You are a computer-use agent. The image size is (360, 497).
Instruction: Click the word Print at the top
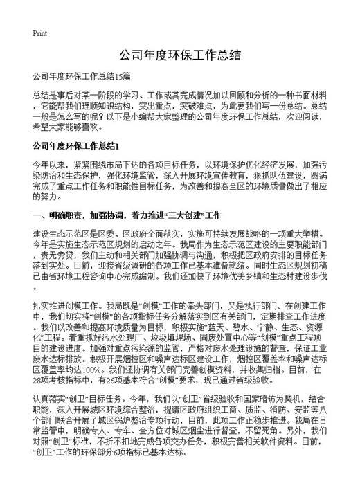pos(40,33)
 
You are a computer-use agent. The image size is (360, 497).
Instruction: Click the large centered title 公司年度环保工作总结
pos(179,55)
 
